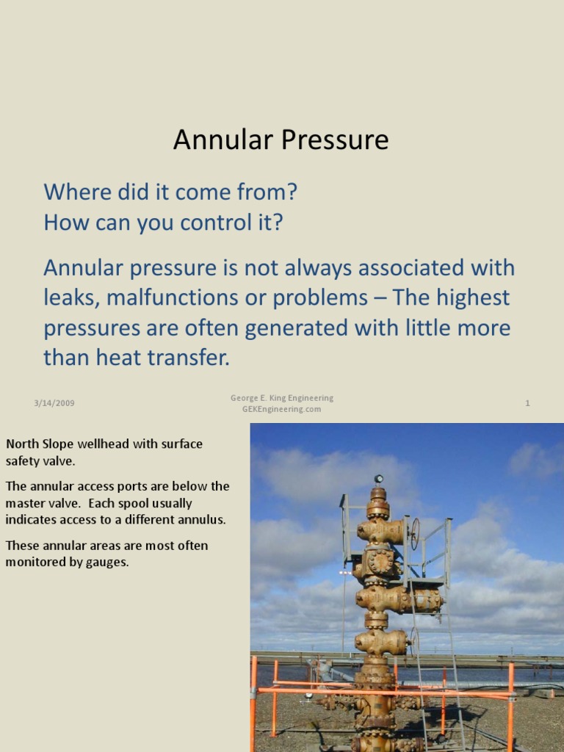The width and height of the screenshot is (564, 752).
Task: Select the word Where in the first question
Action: [x=73, y=192]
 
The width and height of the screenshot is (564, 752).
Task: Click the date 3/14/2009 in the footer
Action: [x=54, y=403]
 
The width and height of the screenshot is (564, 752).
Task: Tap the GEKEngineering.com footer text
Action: [x=281, y=409]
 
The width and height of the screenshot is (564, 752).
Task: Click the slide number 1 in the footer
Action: [x=527, y=403]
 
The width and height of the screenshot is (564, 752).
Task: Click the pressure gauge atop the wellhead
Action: [x=379, y=480]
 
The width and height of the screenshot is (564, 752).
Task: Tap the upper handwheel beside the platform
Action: [x=415, y=533]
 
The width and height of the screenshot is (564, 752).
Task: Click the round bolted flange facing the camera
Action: [x=380, y=563]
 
